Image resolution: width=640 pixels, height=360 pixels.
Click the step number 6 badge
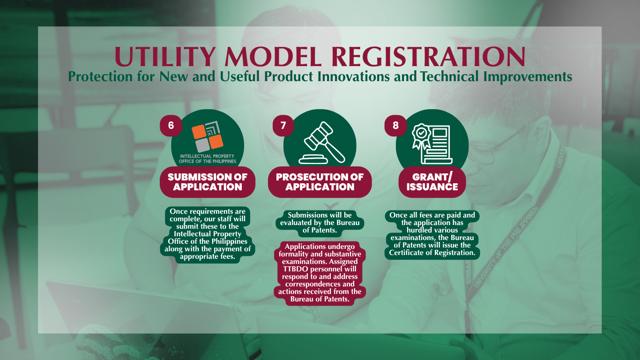tap(171, 126)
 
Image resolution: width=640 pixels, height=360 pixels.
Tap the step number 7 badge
tap(283, 126)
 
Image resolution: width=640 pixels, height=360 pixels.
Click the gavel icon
tap(322, 142)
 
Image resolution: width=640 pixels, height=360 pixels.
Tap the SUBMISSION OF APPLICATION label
tap(208, 182)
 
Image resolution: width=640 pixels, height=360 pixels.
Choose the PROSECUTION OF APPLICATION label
tap(320, 182)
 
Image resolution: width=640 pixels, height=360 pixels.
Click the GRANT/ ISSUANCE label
tap(432, 182)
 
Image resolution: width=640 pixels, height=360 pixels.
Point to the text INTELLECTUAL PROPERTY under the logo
tap(207, 156)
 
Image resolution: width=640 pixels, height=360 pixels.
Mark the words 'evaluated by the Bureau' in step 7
tap(320, 223)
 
